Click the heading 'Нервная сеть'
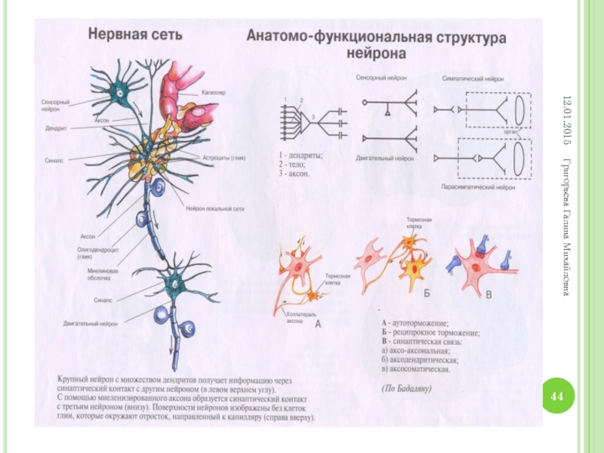[x=134, y=35]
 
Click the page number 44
[x=559, y=396]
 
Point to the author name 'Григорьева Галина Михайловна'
[x=568, y=226]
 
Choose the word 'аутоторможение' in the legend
[x=420, y=322]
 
